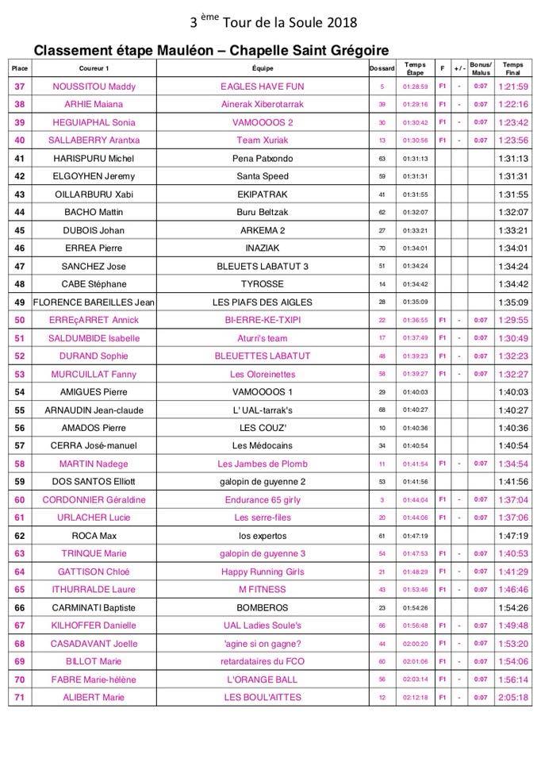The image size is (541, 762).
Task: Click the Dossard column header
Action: pyautogui.click(x=382, y=68)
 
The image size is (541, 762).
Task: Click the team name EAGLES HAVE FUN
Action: pyautogui.click(x=263, y=87)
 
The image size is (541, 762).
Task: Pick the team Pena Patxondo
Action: pyautogui.click(x=263, y=158)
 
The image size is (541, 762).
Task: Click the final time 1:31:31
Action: pyautogui.click(x=513, y=176)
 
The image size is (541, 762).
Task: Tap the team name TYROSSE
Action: pyautogui.click(x=263, y=284)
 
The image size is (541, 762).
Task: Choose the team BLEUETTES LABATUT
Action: pyautogui.click(x=263, y=356)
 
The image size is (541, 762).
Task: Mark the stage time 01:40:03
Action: pyautogui.click(x=415, y=391)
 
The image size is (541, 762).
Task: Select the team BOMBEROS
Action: pyautogui.click(x=263, y=607)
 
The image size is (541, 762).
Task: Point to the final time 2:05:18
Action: pyautogui.click(x=513, y=697)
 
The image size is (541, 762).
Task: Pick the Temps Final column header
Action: pyautogui.click(x=513, y=68)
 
